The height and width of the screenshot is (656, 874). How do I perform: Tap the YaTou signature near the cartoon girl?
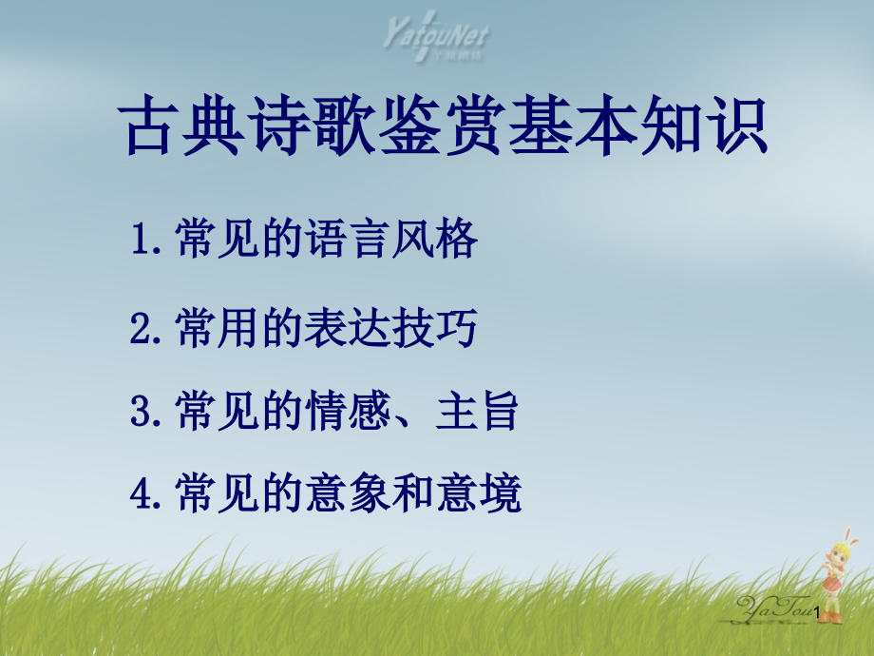pos(774,608)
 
